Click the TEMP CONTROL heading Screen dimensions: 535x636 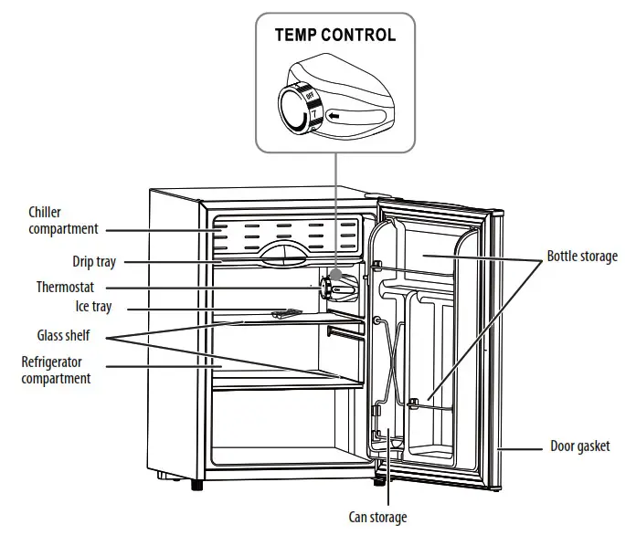(x=335, y=36)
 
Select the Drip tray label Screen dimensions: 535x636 (x=94, y=262)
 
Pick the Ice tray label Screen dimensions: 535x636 (x=94, y=307)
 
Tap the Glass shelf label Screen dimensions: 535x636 (x=63, y=335)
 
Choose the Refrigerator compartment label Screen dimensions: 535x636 (x=57, y=370)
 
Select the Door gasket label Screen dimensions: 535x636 (x=580, y=447)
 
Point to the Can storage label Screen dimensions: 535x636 (x=378, y=517)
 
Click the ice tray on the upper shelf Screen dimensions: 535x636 (x=283, y=314)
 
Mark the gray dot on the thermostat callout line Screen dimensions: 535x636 (x=337, y=274)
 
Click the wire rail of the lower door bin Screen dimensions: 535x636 (x=439, y=408)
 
